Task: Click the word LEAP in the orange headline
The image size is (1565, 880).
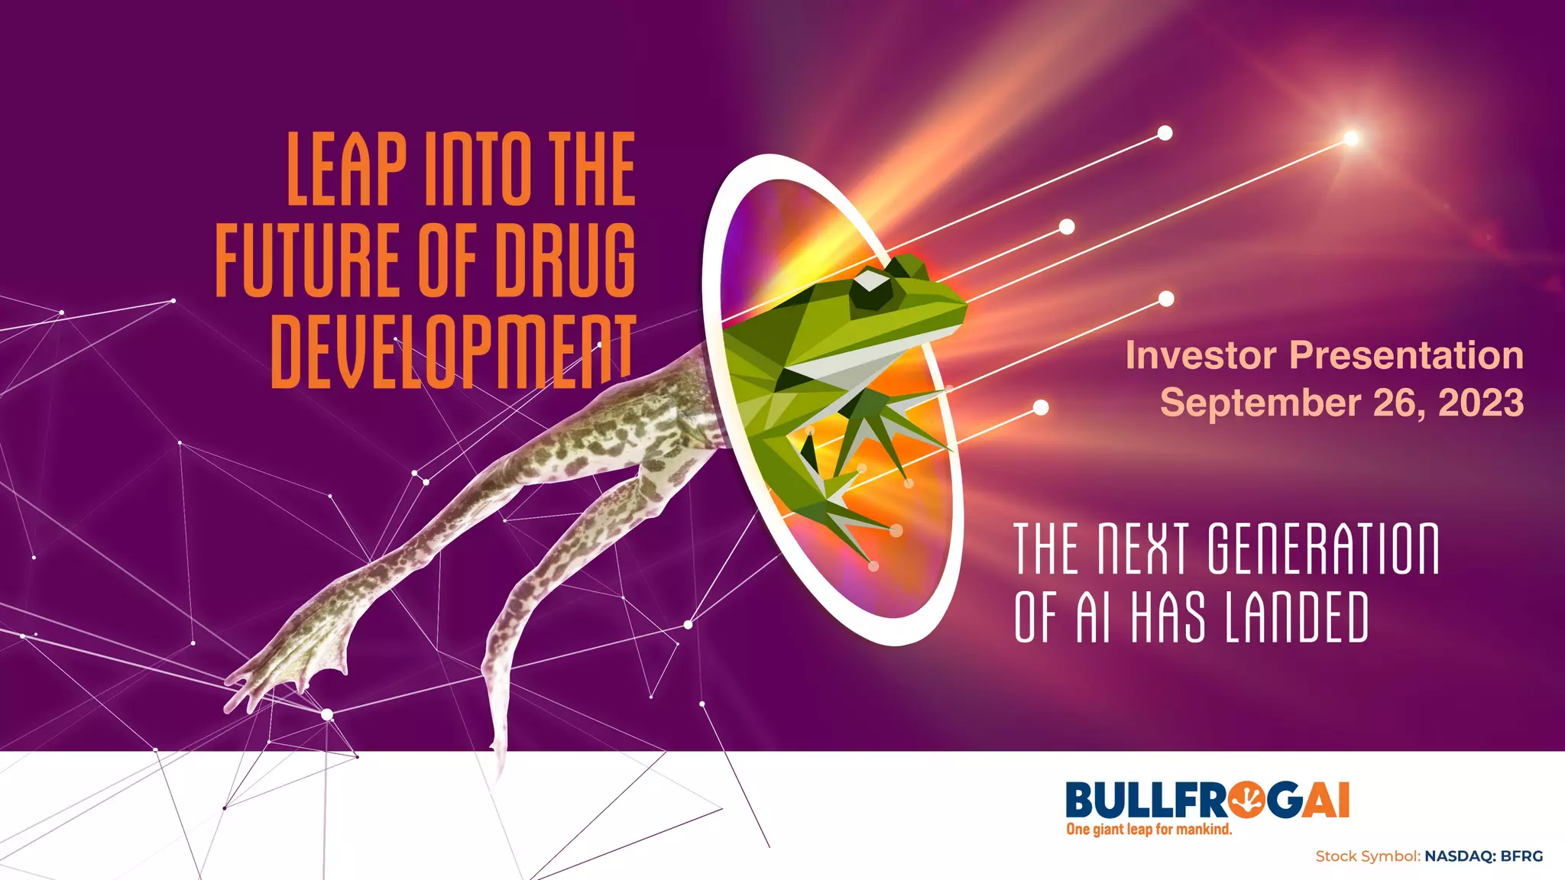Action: click(x=346, y=169)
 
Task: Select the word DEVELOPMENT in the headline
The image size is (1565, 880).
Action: click(x=453, y=351)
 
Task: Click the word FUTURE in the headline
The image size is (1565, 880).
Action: click(x=307, y=260)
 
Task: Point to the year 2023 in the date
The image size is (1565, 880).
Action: click(x=1481, y=403)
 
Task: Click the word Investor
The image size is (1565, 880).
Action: click(x=1200, y=355)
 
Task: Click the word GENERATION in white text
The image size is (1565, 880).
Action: click(x=1323, y=548)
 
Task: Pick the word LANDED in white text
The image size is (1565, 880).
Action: click(x=1296, y=617)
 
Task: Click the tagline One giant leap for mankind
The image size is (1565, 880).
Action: click(x=1149, y=830)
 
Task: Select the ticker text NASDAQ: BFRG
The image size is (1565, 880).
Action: click(x=1483, y=856)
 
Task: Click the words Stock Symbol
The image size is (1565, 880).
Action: click(x=1367, y=856)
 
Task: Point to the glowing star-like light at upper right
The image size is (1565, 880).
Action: click(x=1351, y=138)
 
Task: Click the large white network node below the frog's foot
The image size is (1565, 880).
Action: click(x=327, y=715)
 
